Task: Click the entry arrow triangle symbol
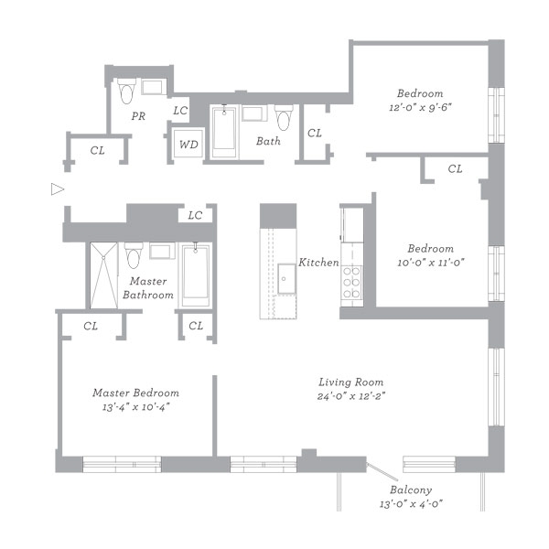pos(58,189)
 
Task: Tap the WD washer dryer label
pos(188,145)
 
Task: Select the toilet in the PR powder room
pos(126,91)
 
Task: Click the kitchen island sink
pos(286,279)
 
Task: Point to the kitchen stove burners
pos(351,282)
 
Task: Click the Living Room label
pos(350,382)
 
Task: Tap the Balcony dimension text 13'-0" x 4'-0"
pos(411,504)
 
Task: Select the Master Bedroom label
pos(135,393)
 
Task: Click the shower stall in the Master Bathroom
pos(103,275)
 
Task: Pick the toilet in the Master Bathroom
pos(134,255)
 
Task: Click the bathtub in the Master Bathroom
pos(196,275)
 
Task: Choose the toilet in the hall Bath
pos(284,117)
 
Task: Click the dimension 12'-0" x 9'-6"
pos(420,107)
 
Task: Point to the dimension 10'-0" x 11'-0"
pos(431,263)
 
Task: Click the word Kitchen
pos(318,263)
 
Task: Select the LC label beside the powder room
pos(180,111)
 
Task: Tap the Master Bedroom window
pos(122,464)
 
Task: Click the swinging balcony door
pos(382,471)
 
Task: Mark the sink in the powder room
pos(152,87)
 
